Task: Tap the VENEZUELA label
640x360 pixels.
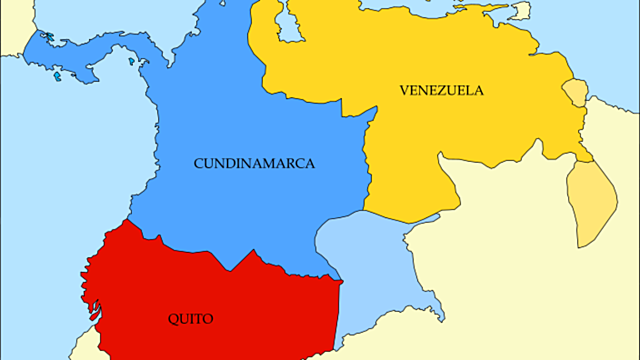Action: [x=441, y=91]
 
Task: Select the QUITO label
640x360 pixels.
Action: [x=190, y=319]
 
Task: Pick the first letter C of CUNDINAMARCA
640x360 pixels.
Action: [x=199, y=162]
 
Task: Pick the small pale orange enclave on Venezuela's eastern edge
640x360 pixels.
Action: [x=575, y=92]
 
